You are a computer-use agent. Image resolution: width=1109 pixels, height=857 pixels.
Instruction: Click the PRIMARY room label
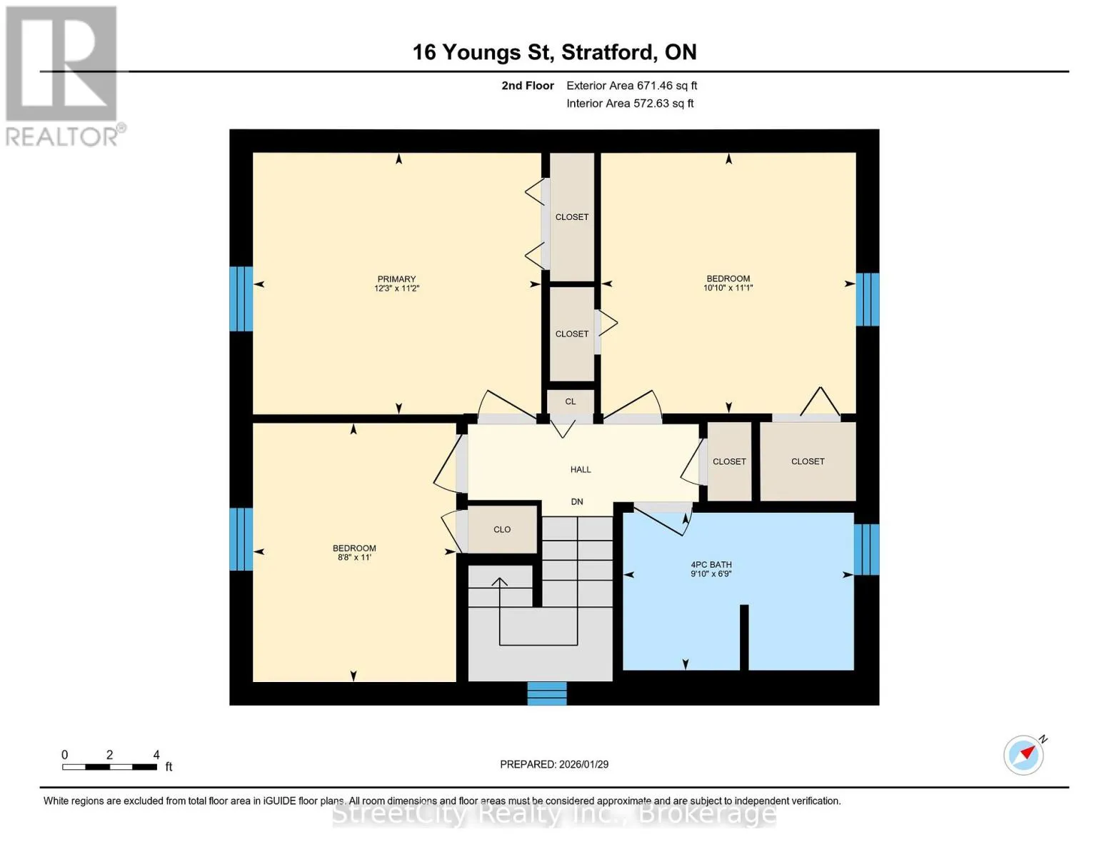click(396, 279)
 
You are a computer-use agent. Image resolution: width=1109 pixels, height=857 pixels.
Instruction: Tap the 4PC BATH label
click(711, 564)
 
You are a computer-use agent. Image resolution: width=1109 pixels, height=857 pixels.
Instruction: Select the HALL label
click(581, 470)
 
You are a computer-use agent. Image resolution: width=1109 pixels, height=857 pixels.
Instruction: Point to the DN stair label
click(577, 502)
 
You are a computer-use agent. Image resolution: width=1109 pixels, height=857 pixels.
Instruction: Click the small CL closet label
click(570, 401)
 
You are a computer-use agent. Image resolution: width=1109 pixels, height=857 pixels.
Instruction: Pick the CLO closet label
click(502, 530)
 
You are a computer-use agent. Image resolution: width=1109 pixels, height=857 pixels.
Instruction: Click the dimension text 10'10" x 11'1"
click(728, 288)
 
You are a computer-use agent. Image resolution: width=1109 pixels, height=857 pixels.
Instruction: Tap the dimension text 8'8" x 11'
click(354, 557)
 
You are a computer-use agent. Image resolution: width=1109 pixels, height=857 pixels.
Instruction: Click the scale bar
click(109, 767)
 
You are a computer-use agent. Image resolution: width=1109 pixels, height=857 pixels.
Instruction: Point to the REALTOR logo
click(63, 76)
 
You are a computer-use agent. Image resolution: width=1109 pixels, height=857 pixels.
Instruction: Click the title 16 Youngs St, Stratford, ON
click(554, 52)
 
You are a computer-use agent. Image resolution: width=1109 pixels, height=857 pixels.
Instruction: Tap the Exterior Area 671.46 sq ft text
click(631, 86)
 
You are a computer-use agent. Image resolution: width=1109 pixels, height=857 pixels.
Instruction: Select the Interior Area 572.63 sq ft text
click(630, 104)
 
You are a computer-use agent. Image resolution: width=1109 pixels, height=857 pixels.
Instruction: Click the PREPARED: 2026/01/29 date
click(554, 765)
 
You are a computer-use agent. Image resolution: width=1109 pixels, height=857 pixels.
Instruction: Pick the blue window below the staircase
click(546, 693)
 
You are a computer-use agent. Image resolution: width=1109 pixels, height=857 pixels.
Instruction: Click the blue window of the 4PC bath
click(867, 550)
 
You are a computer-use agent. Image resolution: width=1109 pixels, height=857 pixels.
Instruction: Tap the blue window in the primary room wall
click(241, 299)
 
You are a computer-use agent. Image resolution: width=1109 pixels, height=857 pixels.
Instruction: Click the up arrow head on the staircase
click(499, 582)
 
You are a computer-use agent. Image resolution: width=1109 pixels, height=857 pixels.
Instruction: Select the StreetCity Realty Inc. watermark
click(554, 814)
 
